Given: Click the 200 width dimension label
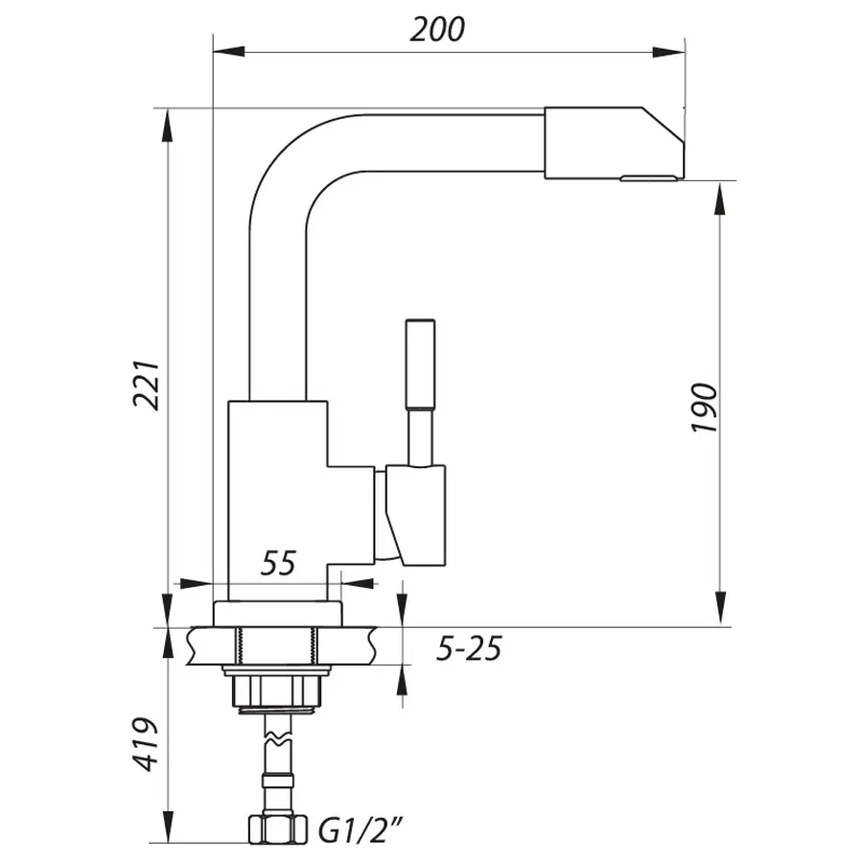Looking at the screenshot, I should coord(437,30).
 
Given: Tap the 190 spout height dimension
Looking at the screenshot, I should coord(705,407).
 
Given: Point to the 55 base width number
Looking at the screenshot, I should coord(278,564).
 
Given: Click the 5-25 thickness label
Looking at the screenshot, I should coord(469,649).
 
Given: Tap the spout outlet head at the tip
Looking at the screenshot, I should coord(612,144).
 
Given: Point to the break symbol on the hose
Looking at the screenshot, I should coord(274,738).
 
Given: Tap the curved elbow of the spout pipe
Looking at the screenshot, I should coord(288,158).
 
